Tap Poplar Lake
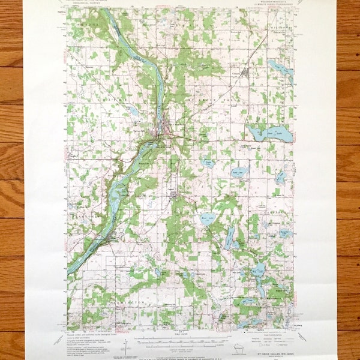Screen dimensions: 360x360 click(208, 163)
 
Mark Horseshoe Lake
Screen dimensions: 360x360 click(281, 178)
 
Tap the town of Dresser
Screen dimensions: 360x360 click(172, 194)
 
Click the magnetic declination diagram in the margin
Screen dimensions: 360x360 click(126, 347)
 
